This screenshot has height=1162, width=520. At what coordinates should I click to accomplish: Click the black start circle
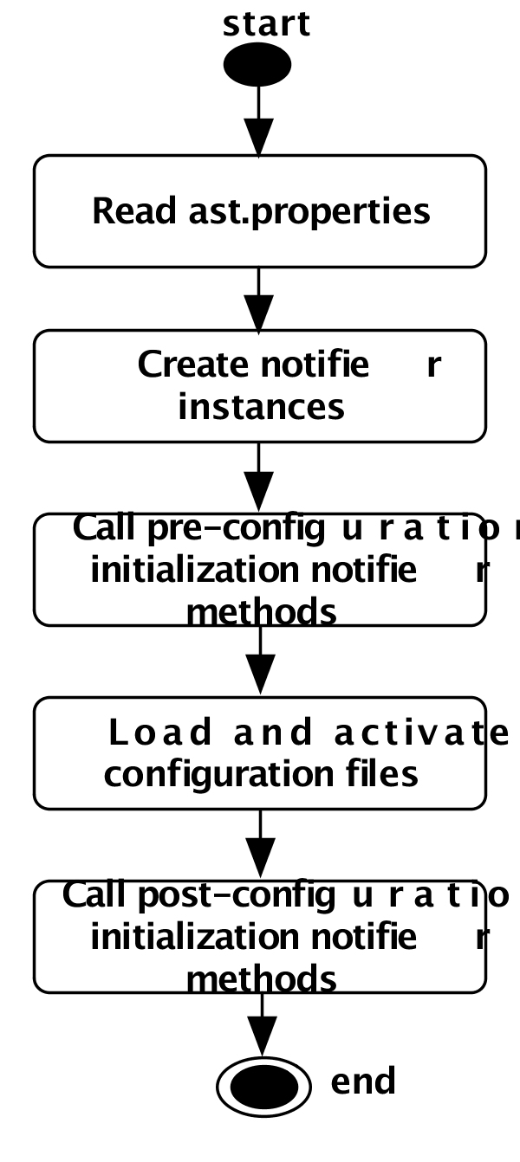[257, 65]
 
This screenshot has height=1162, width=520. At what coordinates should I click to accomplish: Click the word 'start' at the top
[266, 23]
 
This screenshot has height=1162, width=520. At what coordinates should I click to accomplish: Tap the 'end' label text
[363, 1081]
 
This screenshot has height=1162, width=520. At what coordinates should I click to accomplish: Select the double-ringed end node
[263, 1086]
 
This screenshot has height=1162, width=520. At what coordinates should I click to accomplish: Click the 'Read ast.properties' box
[259, 211]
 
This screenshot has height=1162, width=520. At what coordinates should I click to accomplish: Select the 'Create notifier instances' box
[259, 385]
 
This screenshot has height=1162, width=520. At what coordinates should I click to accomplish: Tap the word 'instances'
[261, 406]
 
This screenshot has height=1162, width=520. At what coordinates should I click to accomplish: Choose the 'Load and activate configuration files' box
[259, 753]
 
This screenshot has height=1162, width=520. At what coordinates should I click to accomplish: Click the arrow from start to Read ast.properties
[258, 121]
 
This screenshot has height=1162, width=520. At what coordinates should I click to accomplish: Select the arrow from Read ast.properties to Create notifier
[258, 299]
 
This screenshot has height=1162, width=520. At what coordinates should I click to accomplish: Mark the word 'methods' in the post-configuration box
[261, 979]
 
